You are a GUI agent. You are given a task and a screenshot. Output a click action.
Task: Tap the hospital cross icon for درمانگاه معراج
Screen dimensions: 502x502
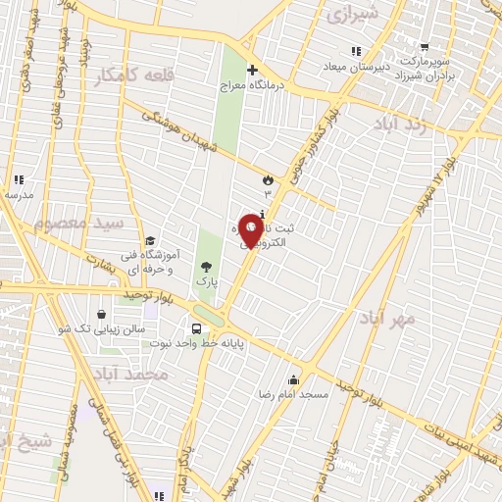tap(252, 70)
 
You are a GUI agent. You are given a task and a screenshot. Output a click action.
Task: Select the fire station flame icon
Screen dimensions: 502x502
tap(267, 178)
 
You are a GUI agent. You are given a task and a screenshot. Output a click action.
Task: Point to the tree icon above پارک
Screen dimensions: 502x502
tap(205, 266)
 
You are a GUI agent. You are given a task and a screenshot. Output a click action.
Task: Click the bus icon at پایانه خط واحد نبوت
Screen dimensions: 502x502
tap(198, 328)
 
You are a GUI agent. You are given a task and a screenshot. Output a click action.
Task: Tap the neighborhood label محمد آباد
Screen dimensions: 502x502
tap(133, 375)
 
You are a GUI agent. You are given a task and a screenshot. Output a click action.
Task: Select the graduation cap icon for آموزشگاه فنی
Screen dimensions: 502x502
tap(150, 240)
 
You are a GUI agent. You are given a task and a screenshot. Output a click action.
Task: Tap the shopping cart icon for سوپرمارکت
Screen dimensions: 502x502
tap(425, 46)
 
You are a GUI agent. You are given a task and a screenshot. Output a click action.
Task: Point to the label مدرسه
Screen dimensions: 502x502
tap(19, 194)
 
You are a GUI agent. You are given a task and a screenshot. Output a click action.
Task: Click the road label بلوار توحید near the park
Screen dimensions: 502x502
tap(147, 294)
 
